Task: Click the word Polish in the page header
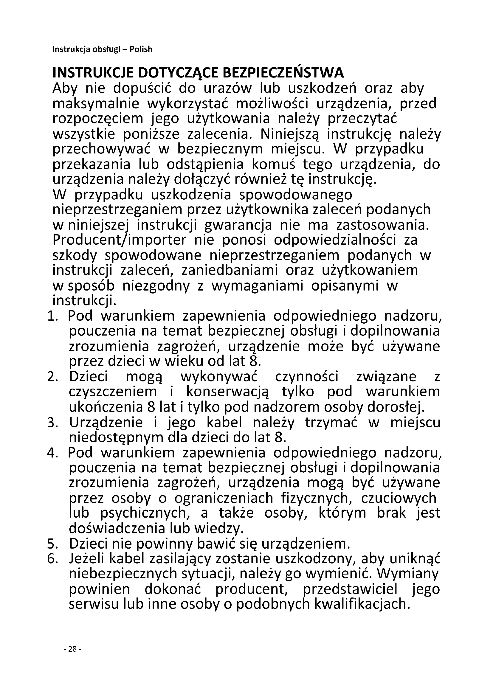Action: [141, 49]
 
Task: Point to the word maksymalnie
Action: [96, 104]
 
